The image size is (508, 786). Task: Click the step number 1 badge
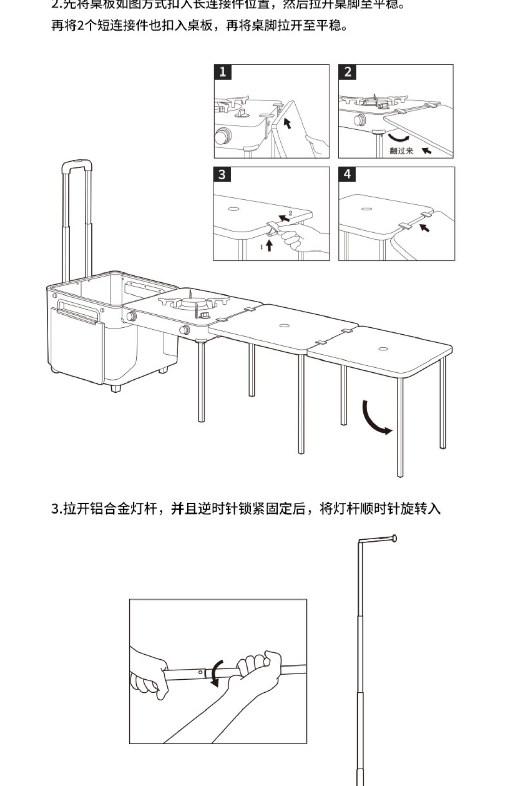223,72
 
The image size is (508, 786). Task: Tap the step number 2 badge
347,72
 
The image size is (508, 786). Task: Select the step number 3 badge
222,175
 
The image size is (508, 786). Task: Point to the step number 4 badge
347,175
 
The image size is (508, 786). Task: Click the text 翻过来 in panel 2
401,151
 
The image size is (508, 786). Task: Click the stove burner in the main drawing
192,302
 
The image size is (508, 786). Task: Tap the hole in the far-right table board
383,349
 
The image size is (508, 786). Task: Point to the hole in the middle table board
284,326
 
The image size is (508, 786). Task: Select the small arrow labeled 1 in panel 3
269,245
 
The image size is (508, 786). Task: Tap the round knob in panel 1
223,136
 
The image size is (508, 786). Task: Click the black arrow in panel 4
425,228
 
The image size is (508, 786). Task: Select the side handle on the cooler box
78,310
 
